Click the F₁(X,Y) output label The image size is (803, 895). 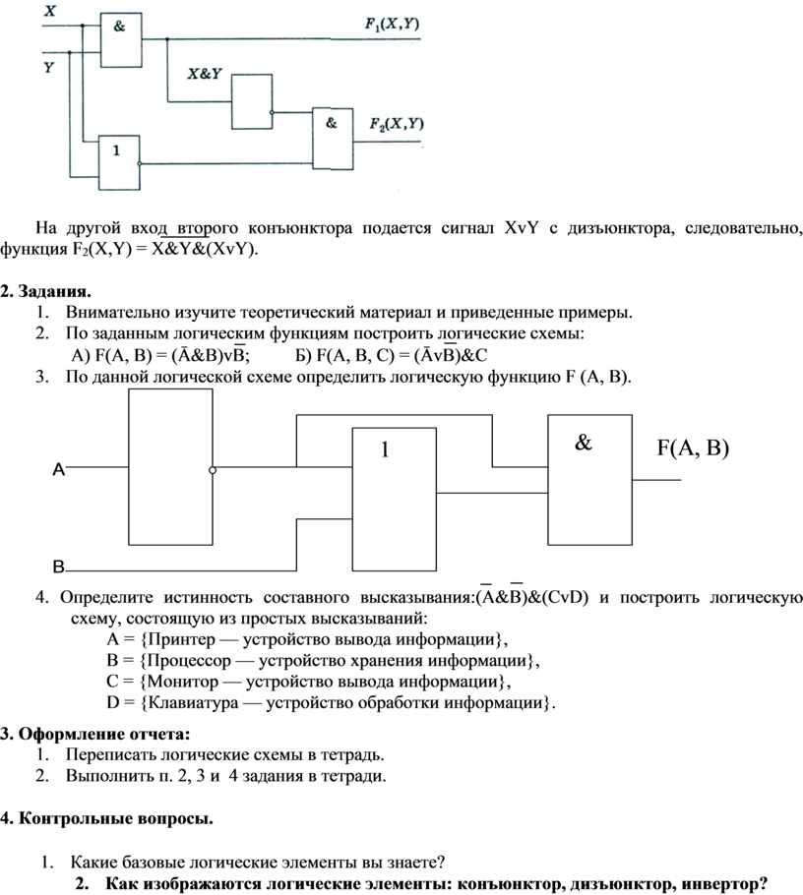tap(392, 24)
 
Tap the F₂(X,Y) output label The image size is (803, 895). tap(397, 124)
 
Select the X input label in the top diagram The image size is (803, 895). tap(50, 10)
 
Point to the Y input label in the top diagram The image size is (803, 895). tap(49, 67)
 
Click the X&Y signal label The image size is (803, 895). tap(205, 74)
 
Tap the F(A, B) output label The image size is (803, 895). tap(693, 448)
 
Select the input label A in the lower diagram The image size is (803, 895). tap(59, 469)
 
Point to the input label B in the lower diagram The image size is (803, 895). tap(59, 567)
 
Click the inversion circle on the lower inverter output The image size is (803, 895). tap(213, 470)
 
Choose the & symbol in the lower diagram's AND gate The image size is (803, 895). tap(584, 443)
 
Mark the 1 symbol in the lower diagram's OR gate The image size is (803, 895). tap(385, 449)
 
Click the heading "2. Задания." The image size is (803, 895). tap(45, 292)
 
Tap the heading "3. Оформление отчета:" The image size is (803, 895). tap(94, 734)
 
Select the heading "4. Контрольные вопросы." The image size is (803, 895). tap(107, 819)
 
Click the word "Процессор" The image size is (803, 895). tap(189, 661)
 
